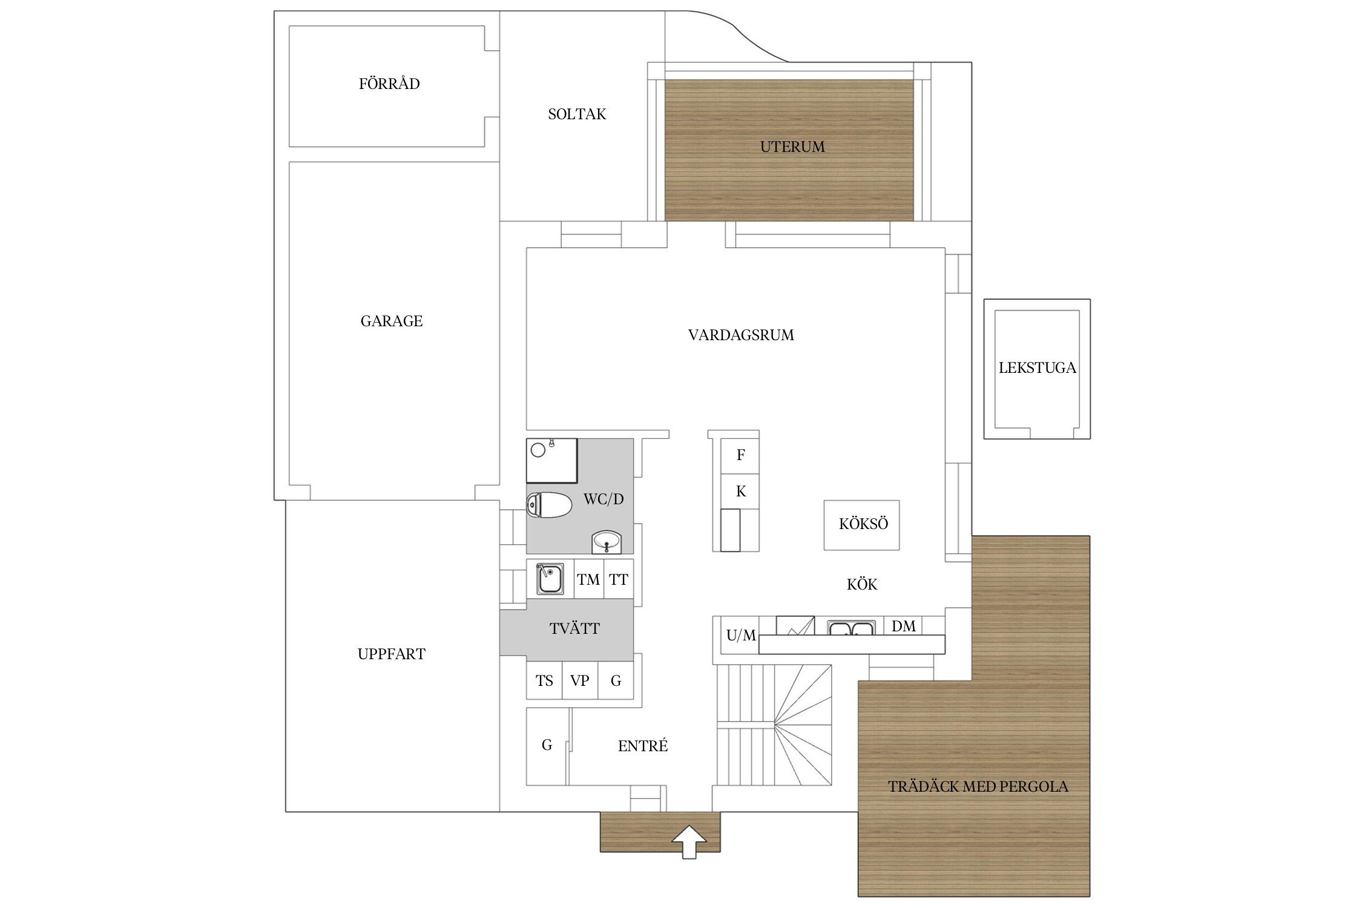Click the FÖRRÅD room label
coord(389,84)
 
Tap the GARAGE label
coord(392,321)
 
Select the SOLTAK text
coord(577,114)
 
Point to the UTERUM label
coord(792,147)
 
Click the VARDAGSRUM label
coord(741,335)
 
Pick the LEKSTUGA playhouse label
coord(1037,368)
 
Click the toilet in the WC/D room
coord(549,505)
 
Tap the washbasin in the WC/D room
coord(606,542)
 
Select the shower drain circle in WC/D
coord(538,450)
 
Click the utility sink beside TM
coord(550,579)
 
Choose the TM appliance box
coord(588,579)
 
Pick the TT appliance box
coord(619,579)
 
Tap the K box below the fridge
coord(740,492)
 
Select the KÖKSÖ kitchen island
coord(861,525)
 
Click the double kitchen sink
coord(851,628)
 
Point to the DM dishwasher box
coord(903,626)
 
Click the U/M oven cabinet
coord(740,636)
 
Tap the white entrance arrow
coord(689,842)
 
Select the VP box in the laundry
coord(580,680)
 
